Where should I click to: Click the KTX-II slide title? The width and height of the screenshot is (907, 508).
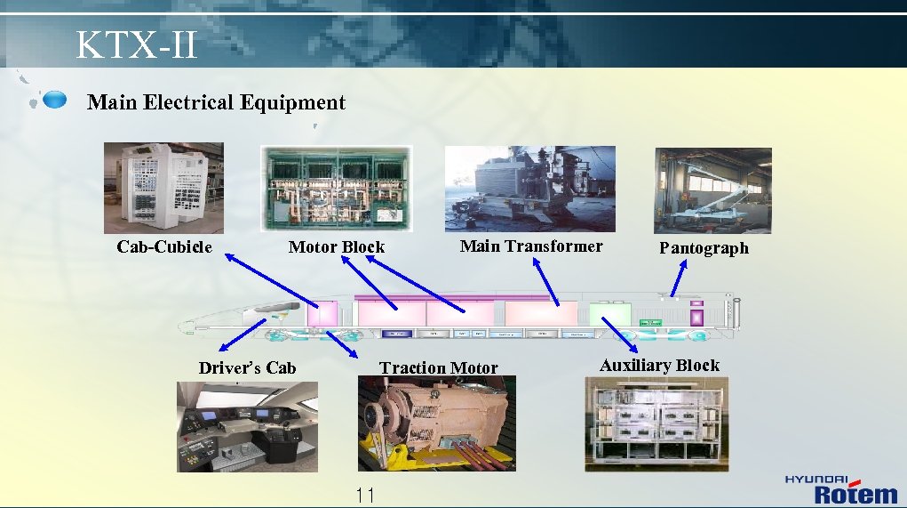136,44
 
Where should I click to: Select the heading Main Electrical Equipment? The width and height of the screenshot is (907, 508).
216,102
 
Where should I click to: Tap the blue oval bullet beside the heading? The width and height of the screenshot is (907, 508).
55,100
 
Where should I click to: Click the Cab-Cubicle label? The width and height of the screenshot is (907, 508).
164,247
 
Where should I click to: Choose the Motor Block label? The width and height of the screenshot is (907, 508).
337,247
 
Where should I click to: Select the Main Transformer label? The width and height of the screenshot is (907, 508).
530,246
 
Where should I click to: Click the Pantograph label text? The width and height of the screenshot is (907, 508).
704,248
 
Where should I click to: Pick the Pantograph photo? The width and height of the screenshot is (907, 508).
712,190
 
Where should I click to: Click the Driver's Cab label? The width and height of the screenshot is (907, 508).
247,368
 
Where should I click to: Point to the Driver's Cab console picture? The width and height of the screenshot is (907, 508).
247,427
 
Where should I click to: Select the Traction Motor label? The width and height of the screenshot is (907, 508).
438,368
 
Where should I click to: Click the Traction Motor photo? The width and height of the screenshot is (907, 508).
436,423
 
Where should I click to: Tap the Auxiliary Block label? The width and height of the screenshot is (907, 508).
659,366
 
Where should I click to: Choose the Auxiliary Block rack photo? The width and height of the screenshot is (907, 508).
656,423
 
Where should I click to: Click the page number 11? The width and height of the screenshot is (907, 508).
364,496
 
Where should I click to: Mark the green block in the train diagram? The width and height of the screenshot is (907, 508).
609,315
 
